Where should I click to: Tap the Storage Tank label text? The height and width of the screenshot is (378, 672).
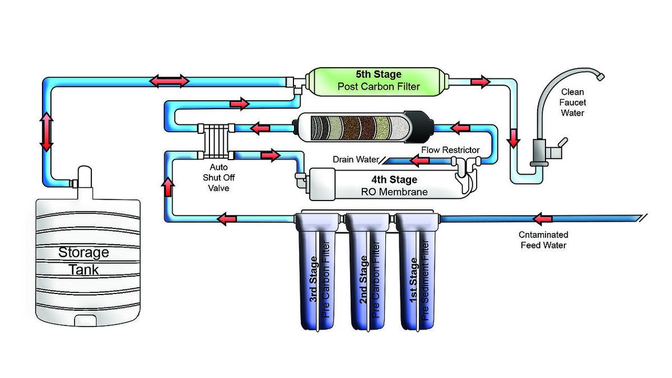(x=83, y=260)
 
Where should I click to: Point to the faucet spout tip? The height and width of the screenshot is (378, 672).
(x=600, y=74)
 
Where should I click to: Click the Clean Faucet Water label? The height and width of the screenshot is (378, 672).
(x=573, y=102)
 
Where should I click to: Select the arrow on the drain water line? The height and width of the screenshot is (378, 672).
(x=420, y=161)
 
